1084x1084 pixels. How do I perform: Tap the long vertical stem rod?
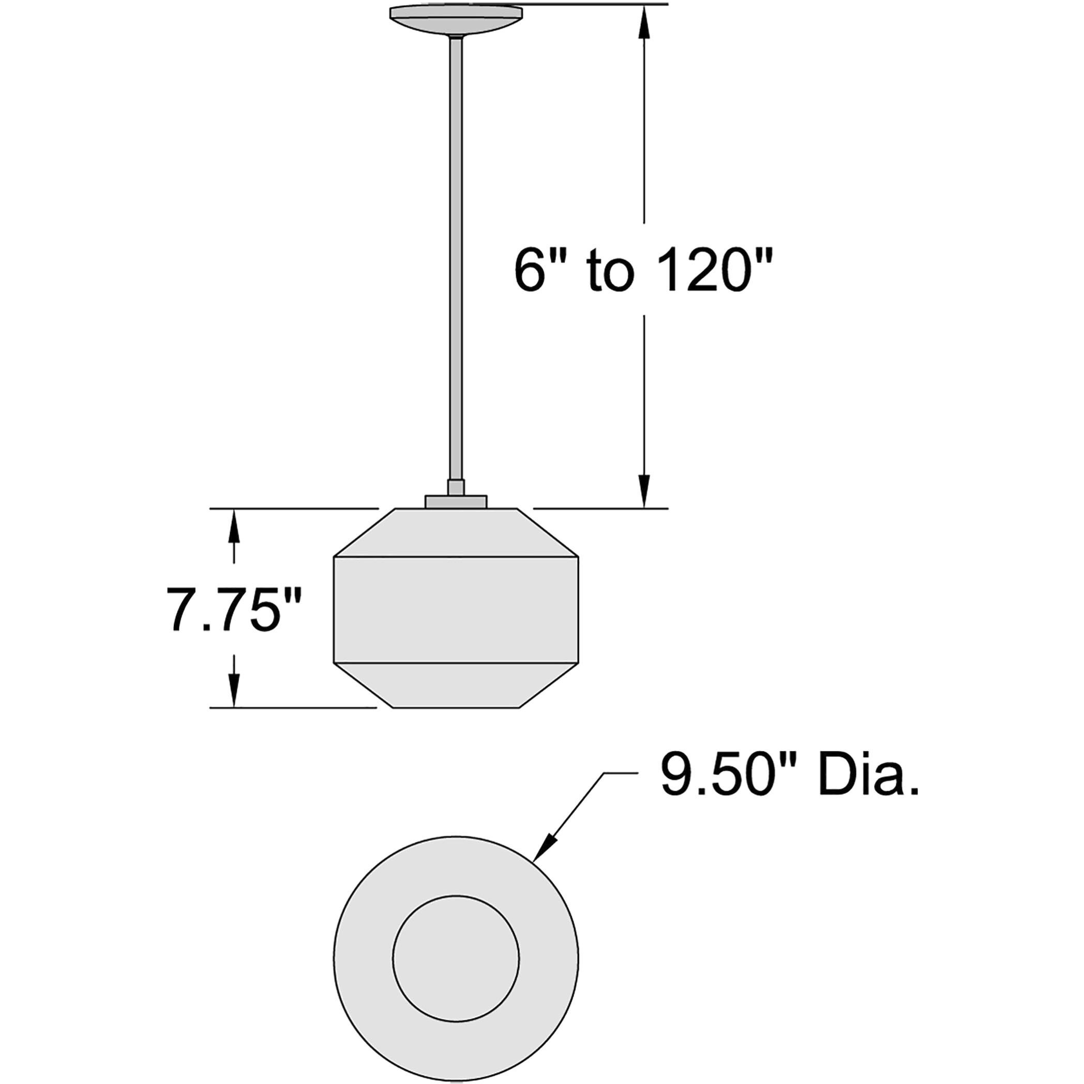click(456, 252)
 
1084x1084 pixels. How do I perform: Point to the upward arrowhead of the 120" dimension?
click(644, 25)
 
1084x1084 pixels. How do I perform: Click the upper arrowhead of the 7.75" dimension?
click(234, 528)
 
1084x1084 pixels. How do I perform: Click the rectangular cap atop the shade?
click(456, 502)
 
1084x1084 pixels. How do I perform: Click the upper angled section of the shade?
click(456, 533)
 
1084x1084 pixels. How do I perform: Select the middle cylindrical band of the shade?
click(456, 610)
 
